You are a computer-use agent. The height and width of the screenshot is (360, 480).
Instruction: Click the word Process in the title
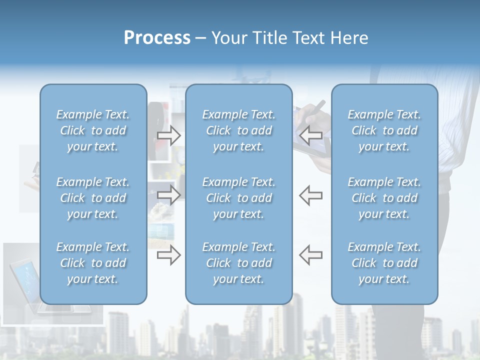coord(157,38)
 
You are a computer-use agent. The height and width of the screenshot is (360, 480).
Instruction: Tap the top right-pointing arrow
coord(169,135)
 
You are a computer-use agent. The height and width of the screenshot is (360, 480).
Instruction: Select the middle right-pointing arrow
coord(169,194)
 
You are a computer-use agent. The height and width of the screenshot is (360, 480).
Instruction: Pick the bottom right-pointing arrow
coord(169,254)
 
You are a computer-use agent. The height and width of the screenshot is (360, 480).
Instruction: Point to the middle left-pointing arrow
coord(310,194)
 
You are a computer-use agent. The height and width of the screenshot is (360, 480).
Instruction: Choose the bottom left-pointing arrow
coord(310,254)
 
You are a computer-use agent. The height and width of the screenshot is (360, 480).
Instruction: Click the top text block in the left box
coord(93,130)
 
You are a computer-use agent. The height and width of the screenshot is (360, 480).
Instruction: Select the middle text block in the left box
coord(93,198)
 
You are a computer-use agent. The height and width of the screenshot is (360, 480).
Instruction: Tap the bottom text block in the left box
coord(93,263)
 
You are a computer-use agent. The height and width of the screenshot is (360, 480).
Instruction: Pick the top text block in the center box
coord(238,130)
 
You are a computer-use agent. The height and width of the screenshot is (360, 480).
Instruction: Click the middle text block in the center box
coord(238,198)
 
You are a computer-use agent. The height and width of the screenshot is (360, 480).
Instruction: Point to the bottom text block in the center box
coord(238,263)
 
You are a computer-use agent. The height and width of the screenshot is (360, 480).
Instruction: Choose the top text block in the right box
coord(384,130)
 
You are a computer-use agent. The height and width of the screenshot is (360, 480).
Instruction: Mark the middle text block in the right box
coord(384,198)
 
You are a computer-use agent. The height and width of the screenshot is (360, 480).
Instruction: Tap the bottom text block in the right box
coord(384,263)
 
